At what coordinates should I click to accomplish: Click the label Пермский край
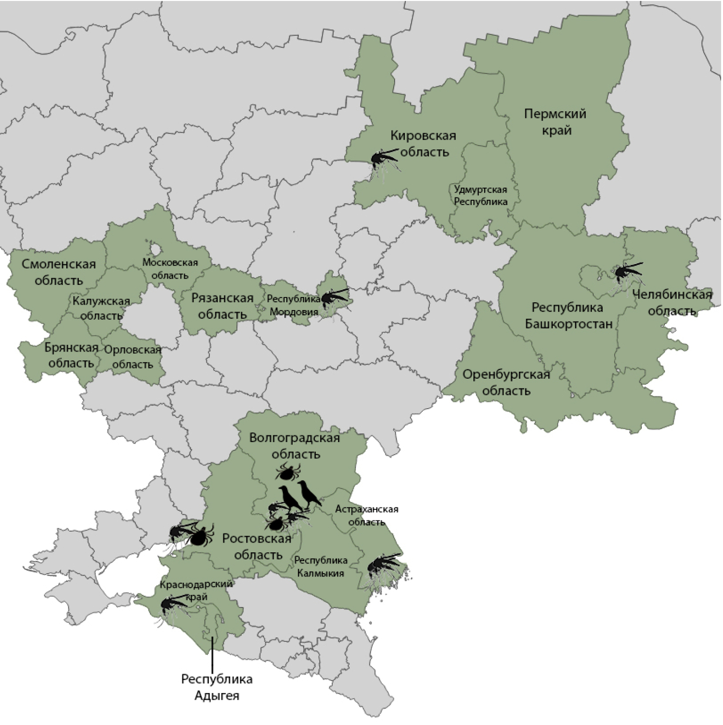[x=555, y=122]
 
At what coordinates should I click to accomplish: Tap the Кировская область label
[x=424, y=144]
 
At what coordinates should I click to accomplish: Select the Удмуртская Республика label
[x=481, y=195]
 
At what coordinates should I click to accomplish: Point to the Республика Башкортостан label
[x=568, y=315]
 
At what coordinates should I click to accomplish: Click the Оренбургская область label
[x=506, y=382]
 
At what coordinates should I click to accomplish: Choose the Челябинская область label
[x=672, y=302]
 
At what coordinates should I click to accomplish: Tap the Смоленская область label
[x=59, y=272]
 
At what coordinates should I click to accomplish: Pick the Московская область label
[x=170, y=269]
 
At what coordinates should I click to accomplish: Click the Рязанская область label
[x=222, y=306]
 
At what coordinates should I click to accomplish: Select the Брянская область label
[x=71, y=355]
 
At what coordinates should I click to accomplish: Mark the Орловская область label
[x=133, y=357]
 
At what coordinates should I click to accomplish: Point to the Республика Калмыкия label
[x=321, y=566]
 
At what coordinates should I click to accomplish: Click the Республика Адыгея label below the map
[x=217, y=687]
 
